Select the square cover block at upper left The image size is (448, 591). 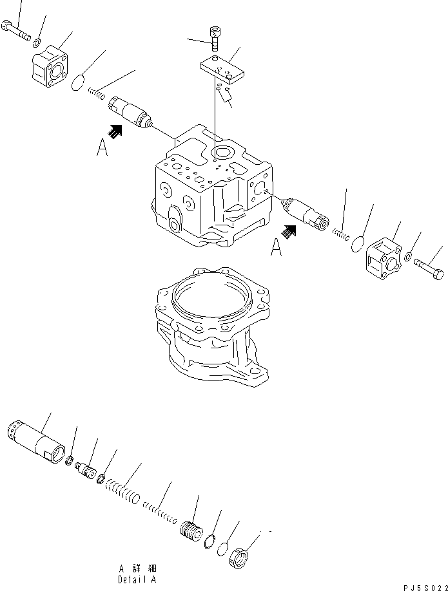[x=54, y=65]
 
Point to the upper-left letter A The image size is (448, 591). [x=102, y=149]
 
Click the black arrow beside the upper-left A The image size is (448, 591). [x=115, y=131]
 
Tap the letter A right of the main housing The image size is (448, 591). [x=277, y=247]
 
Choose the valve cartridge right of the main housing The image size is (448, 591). [x=306, y=214]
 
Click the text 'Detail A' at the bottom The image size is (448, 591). [x=136, y=579]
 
